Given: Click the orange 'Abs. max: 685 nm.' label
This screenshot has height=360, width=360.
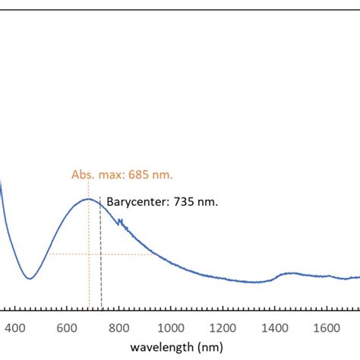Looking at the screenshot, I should click(x=122, y=175).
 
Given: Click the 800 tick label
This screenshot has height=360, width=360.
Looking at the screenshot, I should click(x=118, y=328).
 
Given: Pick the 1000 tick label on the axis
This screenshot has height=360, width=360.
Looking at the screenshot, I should click(x=170, y=328).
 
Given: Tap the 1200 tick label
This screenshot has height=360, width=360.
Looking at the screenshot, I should click(x=222, y=328).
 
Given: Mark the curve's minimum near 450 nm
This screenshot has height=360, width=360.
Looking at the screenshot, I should click(x=29, y=278).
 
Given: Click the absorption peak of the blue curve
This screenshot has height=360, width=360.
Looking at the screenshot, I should click(x=89, y=199).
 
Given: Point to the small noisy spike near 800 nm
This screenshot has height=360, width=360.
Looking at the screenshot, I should click(x=119, y=222).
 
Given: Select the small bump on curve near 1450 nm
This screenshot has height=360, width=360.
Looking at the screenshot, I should click(x=290, y=273).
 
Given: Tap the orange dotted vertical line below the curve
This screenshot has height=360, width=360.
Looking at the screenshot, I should click(x=89, y=281).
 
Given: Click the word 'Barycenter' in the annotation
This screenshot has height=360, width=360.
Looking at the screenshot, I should click(x=135, y=203).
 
